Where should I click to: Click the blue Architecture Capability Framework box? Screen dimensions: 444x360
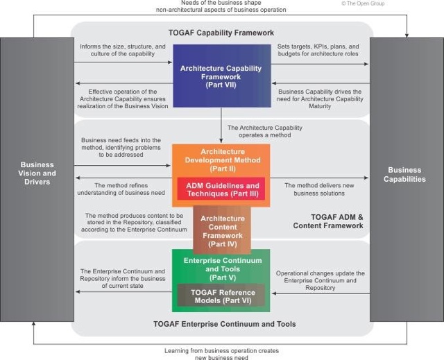(222, 76)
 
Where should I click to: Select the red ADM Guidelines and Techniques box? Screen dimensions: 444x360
(221, 189)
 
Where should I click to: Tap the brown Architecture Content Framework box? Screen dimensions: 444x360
(222, 230)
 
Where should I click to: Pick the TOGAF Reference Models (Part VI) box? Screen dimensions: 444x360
(221, 295)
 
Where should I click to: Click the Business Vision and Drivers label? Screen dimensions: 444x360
(37, 173)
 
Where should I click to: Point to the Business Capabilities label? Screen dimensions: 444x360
(404, 175)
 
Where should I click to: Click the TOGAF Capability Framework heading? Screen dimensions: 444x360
(221, 33)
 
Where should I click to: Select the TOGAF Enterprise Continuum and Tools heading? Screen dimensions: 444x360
(225, 324)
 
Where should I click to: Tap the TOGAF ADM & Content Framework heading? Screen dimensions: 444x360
(328, 221)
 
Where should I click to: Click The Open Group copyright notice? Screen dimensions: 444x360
(363, 3)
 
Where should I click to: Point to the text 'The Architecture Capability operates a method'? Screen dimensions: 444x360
(265, 131)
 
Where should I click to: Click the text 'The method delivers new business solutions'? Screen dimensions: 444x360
(319, 189)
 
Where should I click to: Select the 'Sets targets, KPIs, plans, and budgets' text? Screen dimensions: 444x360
(318, 50)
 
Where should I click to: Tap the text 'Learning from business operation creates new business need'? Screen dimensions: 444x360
(222, 354)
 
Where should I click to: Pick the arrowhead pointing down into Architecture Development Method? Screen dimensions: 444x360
(221, 141)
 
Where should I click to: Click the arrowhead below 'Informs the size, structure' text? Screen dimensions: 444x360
(170, 62)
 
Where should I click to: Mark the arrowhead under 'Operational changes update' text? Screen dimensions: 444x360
(274, 293)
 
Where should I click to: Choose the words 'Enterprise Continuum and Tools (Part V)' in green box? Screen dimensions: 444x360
(223, 269)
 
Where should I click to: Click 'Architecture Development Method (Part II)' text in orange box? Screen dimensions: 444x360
(223, 160)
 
